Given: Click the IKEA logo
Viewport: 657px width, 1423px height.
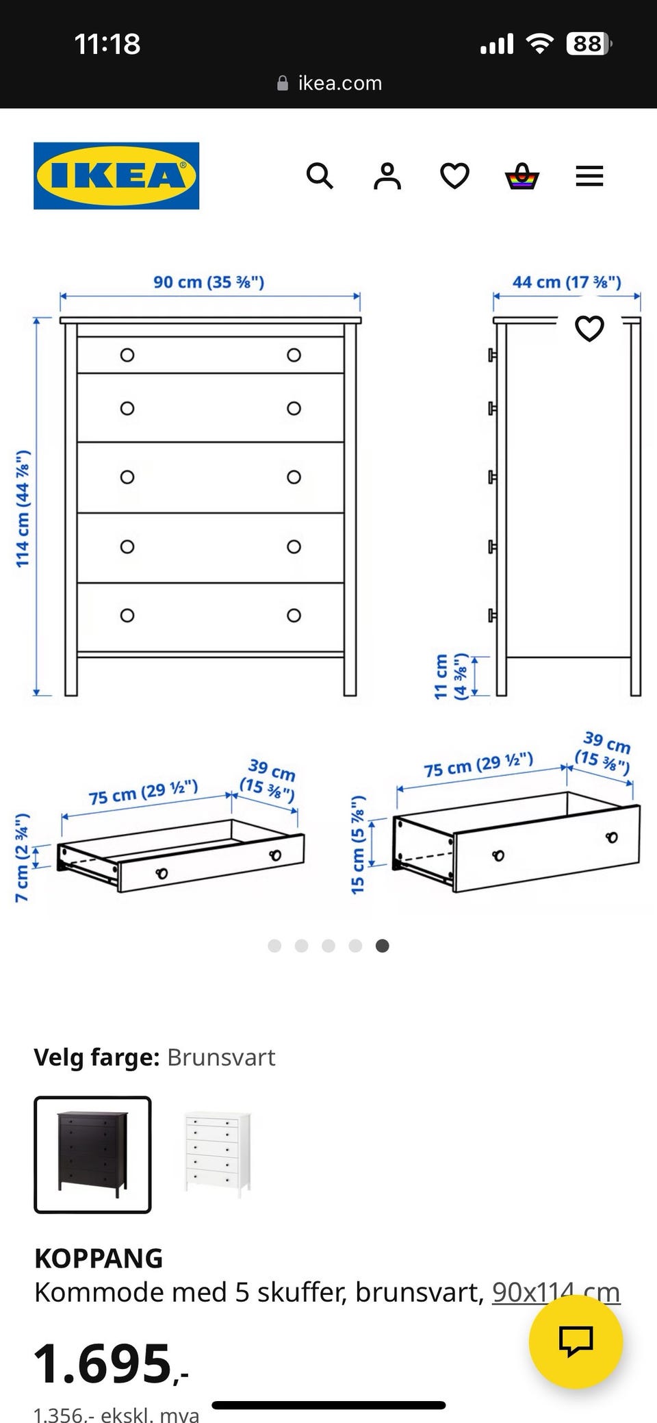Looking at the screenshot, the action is tap(116, 175).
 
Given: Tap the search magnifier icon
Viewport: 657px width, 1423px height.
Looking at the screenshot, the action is tap(320, 176).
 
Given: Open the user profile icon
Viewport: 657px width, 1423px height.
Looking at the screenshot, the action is tap(387, 176).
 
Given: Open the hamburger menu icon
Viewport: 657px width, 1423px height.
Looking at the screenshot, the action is tap(589, 176).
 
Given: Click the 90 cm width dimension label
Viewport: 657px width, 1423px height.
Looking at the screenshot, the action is tap(209, 281).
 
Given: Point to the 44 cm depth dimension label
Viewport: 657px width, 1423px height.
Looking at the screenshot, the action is tap(567, 281).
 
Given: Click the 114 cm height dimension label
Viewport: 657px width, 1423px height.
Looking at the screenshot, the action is tap(23, 509).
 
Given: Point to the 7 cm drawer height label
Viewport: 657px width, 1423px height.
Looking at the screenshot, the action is tap(23, 857).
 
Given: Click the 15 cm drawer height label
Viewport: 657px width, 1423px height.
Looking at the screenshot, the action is tap(358, 845).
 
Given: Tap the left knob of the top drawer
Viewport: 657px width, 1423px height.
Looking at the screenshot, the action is tap(127, 355).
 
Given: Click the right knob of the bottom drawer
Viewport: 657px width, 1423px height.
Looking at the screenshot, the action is tap(294, 615).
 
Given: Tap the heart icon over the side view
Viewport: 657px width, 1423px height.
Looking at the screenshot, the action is tap(589, 329).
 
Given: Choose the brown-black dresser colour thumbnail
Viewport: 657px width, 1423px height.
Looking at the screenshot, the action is tap(92, 1155).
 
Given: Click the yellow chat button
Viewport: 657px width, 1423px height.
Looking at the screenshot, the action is tap(576, 1342).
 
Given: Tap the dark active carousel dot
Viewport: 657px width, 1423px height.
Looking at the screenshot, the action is tap(383, 946).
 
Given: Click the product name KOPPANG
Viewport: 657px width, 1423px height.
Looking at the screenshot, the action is tap(99, 1259).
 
